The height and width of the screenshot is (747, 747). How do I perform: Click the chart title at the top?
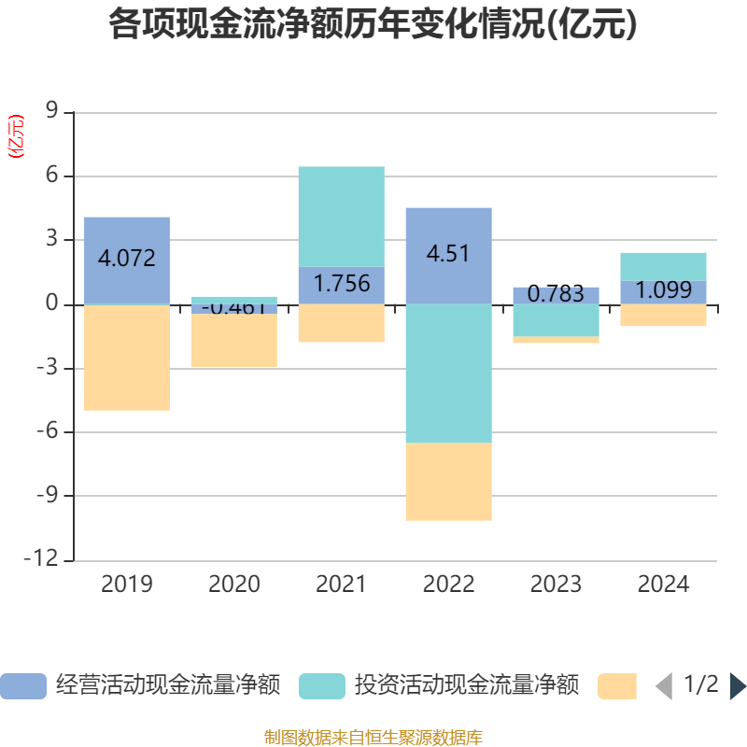coord(373,25)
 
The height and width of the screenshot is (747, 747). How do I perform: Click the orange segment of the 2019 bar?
coord(127,358)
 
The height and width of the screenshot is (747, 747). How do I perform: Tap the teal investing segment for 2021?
coord(342,216)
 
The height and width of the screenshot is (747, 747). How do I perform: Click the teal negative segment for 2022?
coord(448,373)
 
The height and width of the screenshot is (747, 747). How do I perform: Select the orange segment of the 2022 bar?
coord(448,482)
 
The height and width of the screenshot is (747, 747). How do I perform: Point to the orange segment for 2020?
coord(234,341)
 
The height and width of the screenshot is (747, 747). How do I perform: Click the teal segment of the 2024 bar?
coord(664,266)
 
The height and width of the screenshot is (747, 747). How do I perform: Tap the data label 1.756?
coord(342,284)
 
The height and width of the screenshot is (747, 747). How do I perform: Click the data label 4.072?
coord(127,259)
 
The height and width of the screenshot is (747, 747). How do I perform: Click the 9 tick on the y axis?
coord(52,112)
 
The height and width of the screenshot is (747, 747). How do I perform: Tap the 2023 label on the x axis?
coord(557,585)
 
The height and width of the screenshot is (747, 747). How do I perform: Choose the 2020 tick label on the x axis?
coord(234,585)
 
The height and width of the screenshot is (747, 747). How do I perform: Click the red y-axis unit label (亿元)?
coord(16,136)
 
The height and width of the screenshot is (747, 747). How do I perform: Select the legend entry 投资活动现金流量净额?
coord(439,686)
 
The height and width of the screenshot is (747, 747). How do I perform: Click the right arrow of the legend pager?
coord(738,686)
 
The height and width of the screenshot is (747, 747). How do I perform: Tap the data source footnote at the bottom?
coord(373,738)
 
